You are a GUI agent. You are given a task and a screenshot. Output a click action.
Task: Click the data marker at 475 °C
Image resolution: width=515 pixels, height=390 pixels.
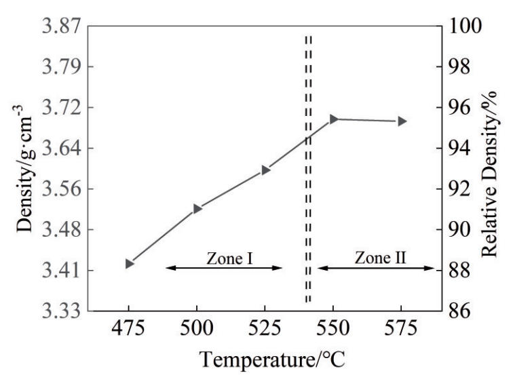pyautogui.click(x=129, y=263)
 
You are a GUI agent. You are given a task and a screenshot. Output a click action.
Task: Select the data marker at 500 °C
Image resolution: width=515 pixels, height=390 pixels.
pyautogui.click(x=197, y=208)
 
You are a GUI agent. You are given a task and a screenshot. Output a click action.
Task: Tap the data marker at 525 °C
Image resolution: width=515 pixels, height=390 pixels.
pyautogui.click(x=265, y=170)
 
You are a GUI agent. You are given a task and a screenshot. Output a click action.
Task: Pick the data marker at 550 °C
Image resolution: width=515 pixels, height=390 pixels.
pyautogui.click(x=333, y=119)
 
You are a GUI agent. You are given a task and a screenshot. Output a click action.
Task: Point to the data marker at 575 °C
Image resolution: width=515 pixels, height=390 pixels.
pyautogui.click(x=402, y=121)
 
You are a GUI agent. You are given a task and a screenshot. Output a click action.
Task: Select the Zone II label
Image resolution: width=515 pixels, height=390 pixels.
pyautogui.click(x=376, y=258)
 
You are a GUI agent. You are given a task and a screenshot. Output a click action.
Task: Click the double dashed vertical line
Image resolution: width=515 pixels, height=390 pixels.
pyautogui.click(x=308, y=170)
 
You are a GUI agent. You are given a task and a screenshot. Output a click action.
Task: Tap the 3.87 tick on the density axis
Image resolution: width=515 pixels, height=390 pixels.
pyautogui.click(x=58, y=26)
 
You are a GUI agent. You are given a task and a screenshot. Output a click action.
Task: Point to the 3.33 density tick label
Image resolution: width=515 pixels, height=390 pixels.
pyautogui.click(x=58, y=311)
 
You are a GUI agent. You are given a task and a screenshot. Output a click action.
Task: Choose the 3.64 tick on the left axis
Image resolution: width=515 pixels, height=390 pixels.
pyautogui.click(x=58, y=149)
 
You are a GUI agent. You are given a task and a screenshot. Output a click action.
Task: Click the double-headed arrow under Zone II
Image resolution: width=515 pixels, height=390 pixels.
pyautogui.click(x=376, y=268)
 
